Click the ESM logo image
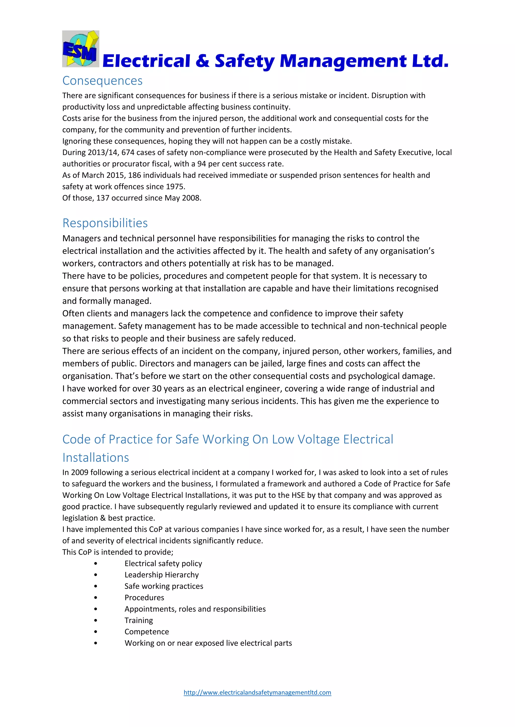click(x=80, y=49)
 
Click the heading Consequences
click(x=102, y=81)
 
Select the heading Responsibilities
click(x=105, y=223)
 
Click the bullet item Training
click(x=139, y=620)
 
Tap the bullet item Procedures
click(x=144, y=597)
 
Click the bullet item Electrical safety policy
click(x=163, y=563)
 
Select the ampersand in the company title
click(x=202, y=60)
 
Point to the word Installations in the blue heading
click(x=96, y=458)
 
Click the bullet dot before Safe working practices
click(x=96, y=586)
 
